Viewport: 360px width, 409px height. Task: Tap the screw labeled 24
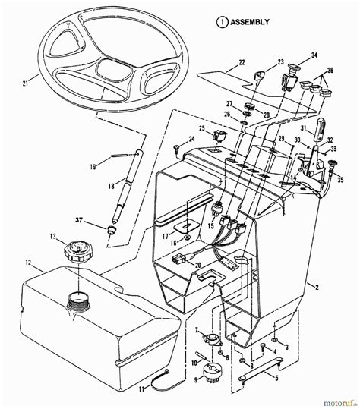[176, 146]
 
